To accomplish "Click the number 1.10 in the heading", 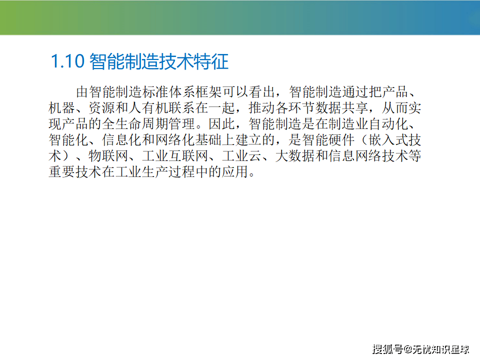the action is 67,61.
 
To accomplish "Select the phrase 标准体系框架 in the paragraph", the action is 182,92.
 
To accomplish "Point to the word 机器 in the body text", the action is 62,108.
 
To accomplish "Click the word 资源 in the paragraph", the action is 102,108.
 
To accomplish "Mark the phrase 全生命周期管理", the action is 148,123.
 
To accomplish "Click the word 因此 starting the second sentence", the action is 222,123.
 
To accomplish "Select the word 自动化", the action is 388,123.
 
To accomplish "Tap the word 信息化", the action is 122,139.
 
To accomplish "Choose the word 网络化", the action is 175,139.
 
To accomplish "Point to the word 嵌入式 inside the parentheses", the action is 388,139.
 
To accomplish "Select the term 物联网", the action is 108,156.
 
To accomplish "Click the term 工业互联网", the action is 175,156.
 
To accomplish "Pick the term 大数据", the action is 295,156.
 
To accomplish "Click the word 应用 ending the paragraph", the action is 235,171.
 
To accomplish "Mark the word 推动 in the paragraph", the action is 262,108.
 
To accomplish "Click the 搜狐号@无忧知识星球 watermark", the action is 421,349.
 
